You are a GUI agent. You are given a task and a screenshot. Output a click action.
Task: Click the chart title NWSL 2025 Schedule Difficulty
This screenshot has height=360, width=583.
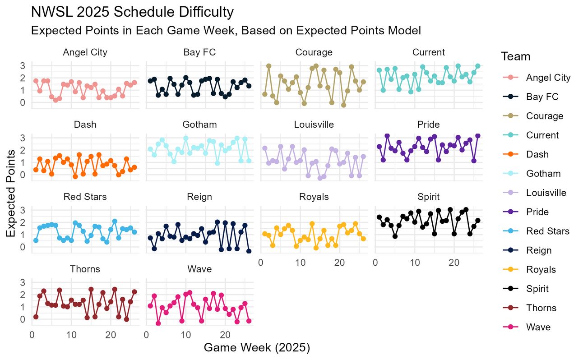(132, 12)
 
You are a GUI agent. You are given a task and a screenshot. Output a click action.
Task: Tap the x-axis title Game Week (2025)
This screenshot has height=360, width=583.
(257, 348)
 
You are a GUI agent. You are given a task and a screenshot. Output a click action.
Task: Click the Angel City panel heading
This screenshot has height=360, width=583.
(85, 52)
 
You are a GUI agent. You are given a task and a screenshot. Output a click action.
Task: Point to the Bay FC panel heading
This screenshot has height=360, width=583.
(199, 52)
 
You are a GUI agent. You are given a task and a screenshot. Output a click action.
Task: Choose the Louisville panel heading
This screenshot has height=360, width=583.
(314, 125)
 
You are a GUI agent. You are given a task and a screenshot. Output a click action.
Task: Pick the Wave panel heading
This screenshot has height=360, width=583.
(199, 269)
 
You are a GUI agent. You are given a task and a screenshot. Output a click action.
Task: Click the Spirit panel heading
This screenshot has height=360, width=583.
(428, 197)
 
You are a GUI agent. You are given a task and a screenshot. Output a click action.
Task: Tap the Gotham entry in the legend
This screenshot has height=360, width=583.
(543, 174)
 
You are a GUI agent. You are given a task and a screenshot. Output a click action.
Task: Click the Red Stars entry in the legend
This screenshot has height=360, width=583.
(547, 231)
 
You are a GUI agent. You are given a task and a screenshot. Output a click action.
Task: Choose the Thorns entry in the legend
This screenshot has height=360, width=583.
(541, 308)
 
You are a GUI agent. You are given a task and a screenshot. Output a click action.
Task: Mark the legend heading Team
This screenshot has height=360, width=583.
(515, 57)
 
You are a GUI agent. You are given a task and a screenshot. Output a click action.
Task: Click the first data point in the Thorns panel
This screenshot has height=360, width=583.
(36, 317)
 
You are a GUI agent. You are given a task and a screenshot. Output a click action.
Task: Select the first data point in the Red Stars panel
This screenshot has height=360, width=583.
(36, 240)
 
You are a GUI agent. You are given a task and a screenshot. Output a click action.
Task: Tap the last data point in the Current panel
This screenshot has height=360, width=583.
(478, 66)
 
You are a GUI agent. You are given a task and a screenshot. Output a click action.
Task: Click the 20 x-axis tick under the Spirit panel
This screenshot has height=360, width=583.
(454, 263)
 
